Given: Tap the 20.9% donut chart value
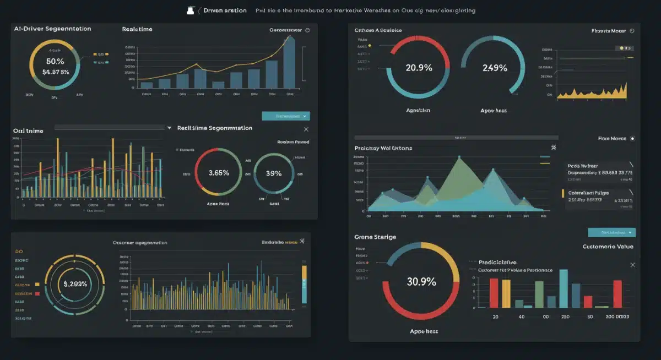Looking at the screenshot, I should [x=419, y=68].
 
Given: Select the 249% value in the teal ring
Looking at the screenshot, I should [x=494, y=68].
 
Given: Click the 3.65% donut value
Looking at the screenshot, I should [x=219, y=172].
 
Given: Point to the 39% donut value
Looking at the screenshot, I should [x=274, y=173].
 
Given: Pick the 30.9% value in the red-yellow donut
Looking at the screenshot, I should [x=421, y=281].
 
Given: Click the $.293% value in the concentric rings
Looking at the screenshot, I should [x=75, y=284].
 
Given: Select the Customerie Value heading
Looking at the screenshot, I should [x=608, y=247].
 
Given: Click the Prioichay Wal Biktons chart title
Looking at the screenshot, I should [x=383, y=148].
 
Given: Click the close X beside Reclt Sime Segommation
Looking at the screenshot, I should [x=306, y=129].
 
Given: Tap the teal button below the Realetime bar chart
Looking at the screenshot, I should [x=285, y=116].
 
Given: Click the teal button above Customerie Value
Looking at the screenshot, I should [x=611, y=232].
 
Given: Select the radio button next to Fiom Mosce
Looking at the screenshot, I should [x=632, y=139].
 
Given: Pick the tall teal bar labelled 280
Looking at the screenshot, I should [x=563, y=288].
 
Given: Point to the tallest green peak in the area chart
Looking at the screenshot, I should [x=458, y=160].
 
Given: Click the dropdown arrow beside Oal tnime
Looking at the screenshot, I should [x=169, y=128].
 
